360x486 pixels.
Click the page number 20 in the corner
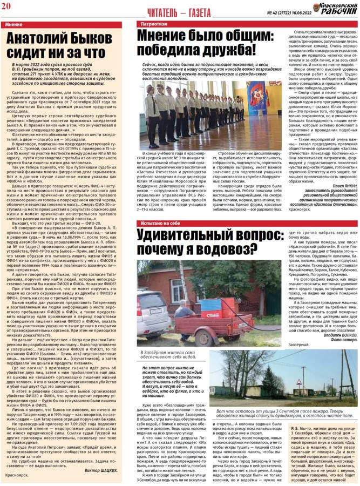[8, 7]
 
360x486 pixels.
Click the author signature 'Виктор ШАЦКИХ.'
[101, 454]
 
